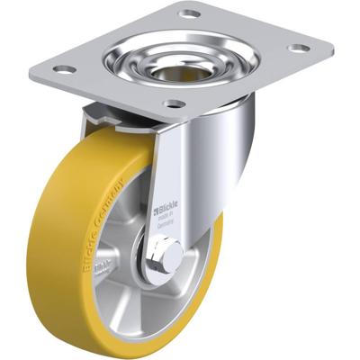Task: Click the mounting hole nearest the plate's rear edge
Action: point(189,14)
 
